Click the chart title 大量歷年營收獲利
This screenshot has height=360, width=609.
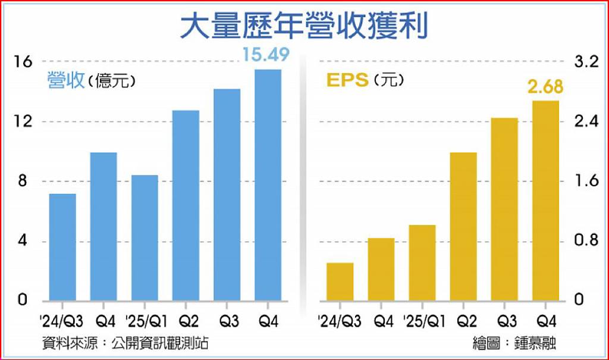point(304,26)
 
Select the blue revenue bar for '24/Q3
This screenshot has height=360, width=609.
point(62,248)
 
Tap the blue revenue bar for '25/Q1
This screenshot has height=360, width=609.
point(145,238)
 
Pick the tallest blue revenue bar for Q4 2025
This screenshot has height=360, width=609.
point(268,185)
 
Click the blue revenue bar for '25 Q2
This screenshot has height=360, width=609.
point(186,206)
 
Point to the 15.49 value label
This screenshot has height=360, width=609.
point(266,54)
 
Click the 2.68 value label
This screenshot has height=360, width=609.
point(545,87)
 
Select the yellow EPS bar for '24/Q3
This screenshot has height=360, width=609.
point(340,282)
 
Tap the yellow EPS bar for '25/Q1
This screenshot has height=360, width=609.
point(422,263)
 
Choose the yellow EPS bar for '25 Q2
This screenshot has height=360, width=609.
point(463,227)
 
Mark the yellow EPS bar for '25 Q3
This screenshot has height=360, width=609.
point(504,209)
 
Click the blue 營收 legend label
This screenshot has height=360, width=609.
point(66,80)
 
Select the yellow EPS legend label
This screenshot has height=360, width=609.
point(347,80)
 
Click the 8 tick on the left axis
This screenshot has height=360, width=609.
point(23,181)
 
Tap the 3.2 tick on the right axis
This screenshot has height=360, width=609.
point(586,61)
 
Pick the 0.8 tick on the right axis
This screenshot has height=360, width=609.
point(586,240)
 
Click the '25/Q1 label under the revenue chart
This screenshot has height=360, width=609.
point(147,321)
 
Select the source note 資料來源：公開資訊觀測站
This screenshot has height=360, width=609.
point(125,343)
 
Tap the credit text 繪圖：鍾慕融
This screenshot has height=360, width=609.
point(514,343)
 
